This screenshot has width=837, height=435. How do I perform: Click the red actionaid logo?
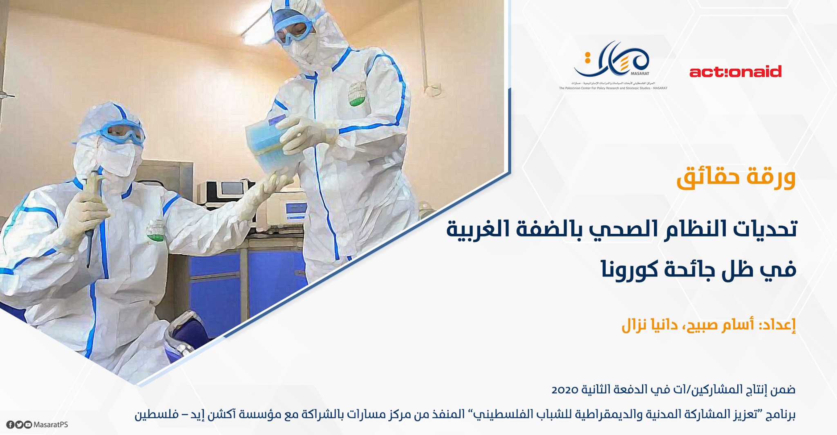coord(735,72)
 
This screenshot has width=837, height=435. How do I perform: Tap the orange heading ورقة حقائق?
coord(736,178)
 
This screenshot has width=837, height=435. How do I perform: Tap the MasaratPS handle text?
coord(51,425)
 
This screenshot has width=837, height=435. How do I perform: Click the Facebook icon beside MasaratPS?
coord(10,425)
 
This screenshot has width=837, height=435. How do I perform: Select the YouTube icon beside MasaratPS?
coord(28,425)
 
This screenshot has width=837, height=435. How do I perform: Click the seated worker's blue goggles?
coord(123,133)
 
